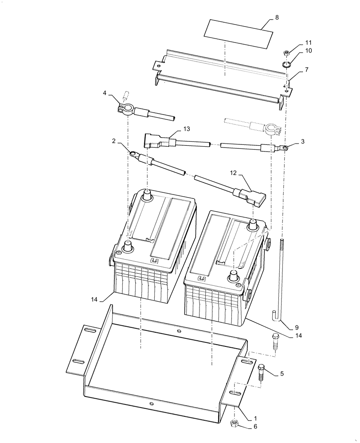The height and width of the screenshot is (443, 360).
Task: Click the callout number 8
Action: (277, 18)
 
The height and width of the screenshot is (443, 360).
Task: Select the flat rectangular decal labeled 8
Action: (237, 34)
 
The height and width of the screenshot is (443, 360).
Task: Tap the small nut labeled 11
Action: (287, 54)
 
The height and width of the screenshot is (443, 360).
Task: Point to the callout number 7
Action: (306, 70)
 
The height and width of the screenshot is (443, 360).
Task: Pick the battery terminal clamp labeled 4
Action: (125, 106)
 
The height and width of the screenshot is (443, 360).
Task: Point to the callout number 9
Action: (297, 328)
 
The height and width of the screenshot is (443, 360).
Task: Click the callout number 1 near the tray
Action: (255, 418)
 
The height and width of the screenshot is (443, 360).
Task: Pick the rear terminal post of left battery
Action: (146, 195)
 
